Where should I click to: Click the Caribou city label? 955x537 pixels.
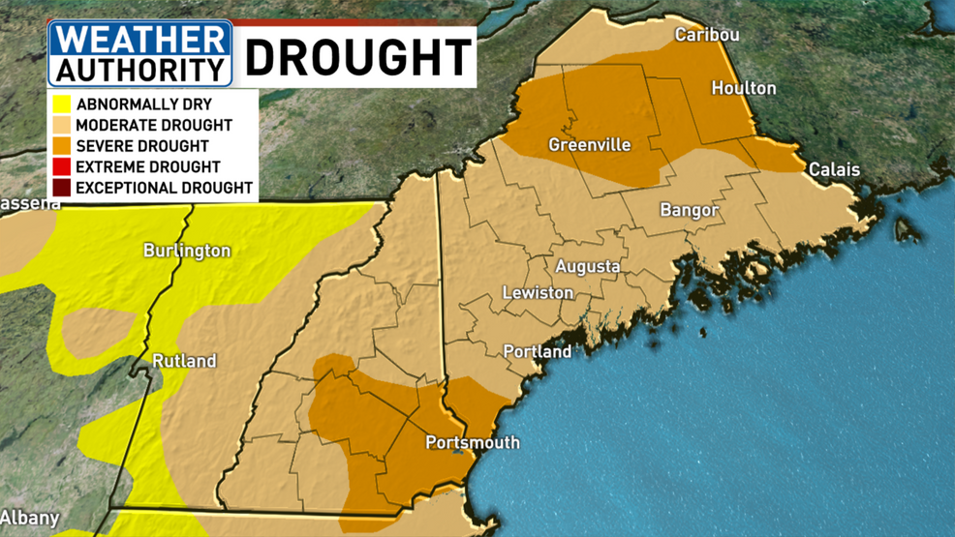click(x=707, y=35)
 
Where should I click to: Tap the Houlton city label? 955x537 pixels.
click(x=743, y=88)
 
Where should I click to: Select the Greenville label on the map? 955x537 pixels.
click(x=589, y=145)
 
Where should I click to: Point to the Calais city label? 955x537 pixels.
click(x=834, y=169)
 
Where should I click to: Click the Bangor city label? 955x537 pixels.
click(x=689, y=210)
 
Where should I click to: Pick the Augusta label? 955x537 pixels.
click(x=587, y=266)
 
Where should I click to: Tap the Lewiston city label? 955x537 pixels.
click(x=538, y=292)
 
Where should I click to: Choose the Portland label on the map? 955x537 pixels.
click(x=538, y=352)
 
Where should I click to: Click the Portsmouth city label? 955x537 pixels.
click(x=473, y=442)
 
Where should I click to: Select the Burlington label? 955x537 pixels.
click(x=187, y=251)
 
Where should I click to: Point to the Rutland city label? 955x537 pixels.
click(x=184, y=361)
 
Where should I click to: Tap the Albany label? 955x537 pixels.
click(x=30, y=518)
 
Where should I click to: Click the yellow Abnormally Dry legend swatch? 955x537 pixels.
click(x=62, y=104)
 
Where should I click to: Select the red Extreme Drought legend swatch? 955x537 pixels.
click(x=62, y=167)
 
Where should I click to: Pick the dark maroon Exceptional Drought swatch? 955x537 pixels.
click(x=62, y=188)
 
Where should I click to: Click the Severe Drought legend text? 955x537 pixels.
click(x=141, y=146)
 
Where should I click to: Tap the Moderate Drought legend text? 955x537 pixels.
click(x=153, y=125)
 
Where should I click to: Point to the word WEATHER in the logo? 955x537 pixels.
click(x=140, y=42)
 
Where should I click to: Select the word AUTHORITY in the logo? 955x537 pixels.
click(x=139, y=70)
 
